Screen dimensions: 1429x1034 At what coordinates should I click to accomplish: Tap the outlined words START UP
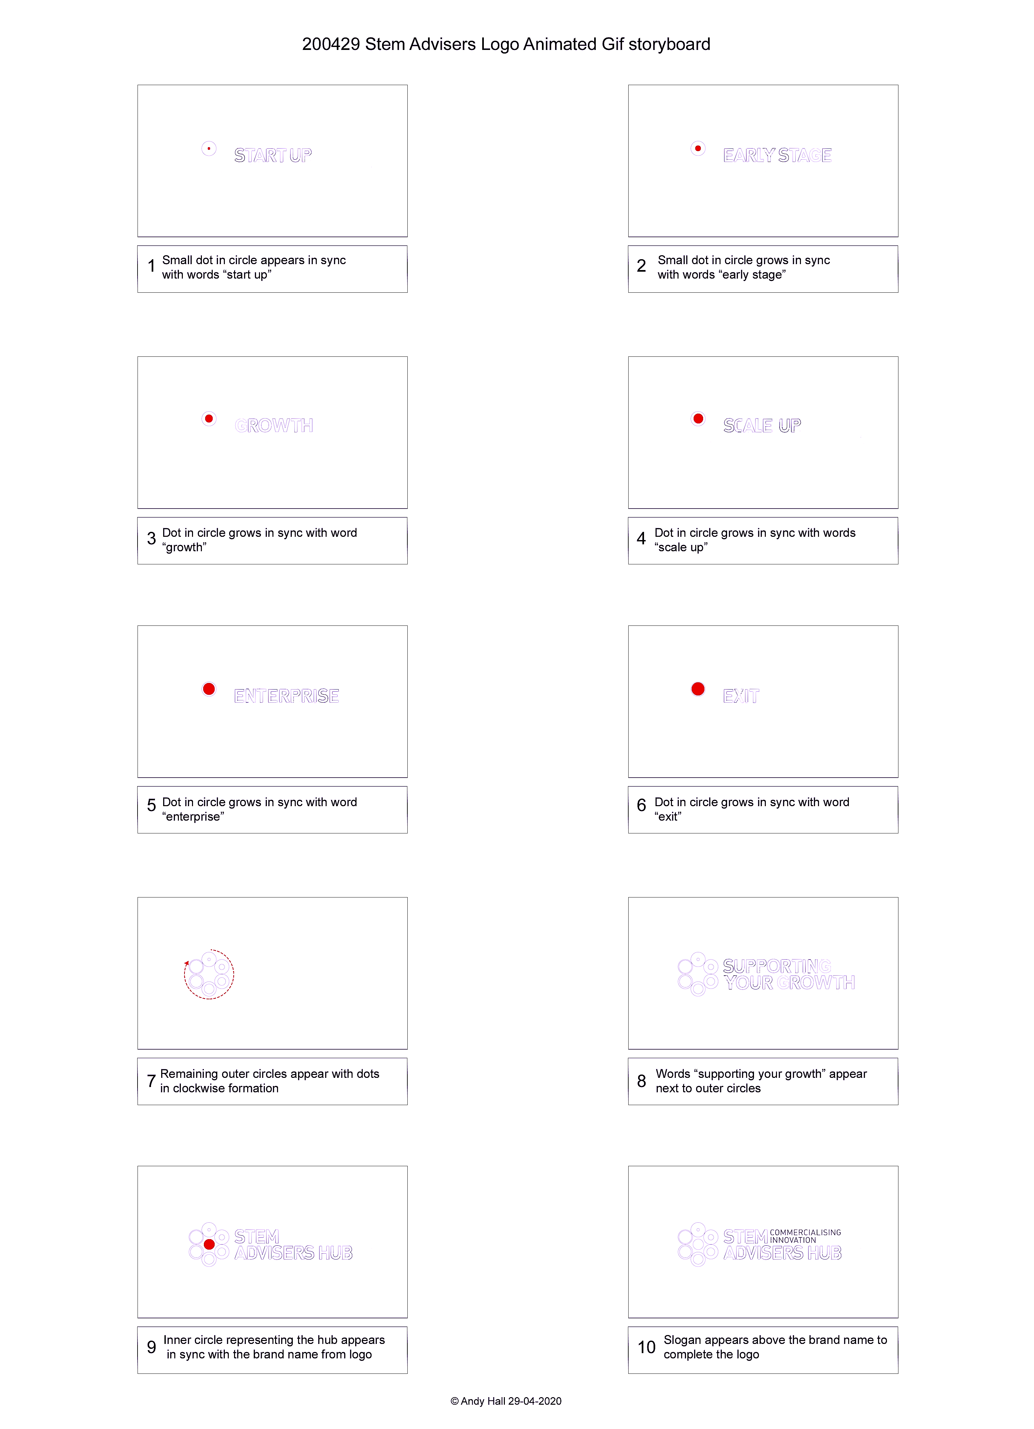pyautogui.click(x=273, y=155)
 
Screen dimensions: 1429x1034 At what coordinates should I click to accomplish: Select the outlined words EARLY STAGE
pyautogui.click(x=777, y=155)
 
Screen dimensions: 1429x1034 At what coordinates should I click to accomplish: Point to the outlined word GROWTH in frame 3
pyautogui.click(x=274, y=425)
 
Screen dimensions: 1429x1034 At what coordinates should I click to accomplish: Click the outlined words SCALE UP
pyautogui.click(x=762, y=425)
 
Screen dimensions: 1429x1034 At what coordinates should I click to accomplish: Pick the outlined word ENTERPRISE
pyautogui.click(x=287, y=695)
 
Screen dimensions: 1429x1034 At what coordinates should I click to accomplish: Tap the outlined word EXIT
pyautogui.click(x=741, y=695)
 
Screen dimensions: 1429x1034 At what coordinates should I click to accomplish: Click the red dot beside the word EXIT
pyautogui.click(x=698, y=689)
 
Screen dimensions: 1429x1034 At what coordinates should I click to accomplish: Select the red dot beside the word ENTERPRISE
pyautogui.click(x=209, y=689)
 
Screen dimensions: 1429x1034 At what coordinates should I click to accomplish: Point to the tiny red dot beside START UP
pyautogui.click(x=209, y=149)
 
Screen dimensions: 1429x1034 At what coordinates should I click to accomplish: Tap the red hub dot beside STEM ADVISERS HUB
pyautogui.click(x=209, y=1244)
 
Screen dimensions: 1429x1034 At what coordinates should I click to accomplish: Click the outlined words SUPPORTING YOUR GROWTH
pyautogui.click(x=788, y=974)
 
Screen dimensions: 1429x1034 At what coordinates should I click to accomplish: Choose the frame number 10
pyautogui.click(x=647, y=1347)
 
